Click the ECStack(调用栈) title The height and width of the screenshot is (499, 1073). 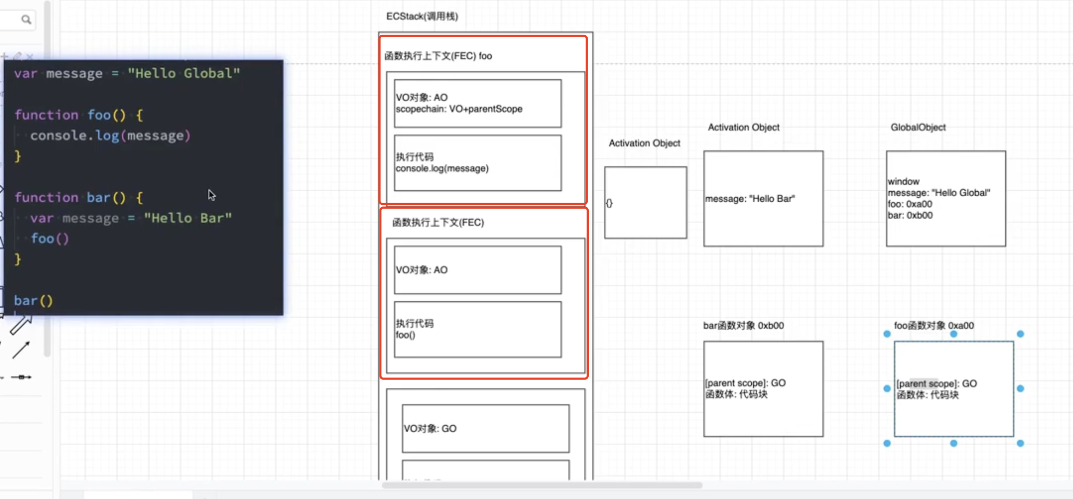(422, 16)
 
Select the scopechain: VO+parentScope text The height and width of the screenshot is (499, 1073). (459, 109)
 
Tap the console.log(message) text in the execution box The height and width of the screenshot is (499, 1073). (442, 168)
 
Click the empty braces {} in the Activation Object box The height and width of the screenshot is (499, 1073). (609, 203)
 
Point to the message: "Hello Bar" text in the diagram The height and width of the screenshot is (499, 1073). (750, 199)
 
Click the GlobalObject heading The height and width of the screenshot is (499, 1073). (918, 127)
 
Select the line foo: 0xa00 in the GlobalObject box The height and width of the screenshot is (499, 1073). (910, 204)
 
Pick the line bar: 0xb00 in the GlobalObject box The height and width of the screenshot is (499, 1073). (910, 215)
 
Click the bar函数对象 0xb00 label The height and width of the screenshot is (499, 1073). (744, 326)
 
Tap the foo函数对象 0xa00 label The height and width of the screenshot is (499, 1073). (934, 326)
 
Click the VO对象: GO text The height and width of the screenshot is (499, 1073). (430, 429)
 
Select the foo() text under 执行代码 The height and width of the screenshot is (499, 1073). (405, 335)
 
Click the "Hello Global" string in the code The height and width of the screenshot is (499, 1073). (184, 73)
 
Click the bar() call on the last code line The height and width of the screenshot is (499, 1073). (33, 301)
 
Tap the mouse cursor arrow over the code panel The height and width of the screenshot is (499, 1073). (212, 195)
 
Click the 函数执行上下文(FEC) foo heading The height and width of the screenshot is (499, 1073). (438, 56)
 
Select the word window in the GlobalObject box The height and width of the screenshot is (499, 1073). (903, 181)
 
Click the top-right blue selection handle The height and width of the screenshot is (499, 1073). (1020, 334)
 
